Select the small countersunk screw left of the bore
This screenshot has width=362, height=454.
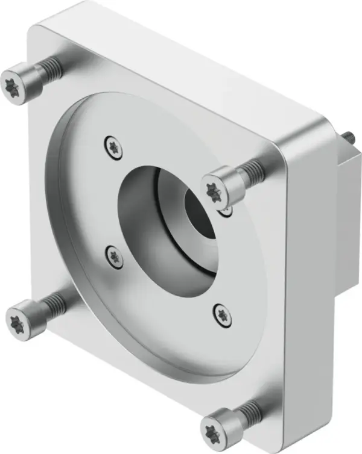(x=113, y=255)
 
